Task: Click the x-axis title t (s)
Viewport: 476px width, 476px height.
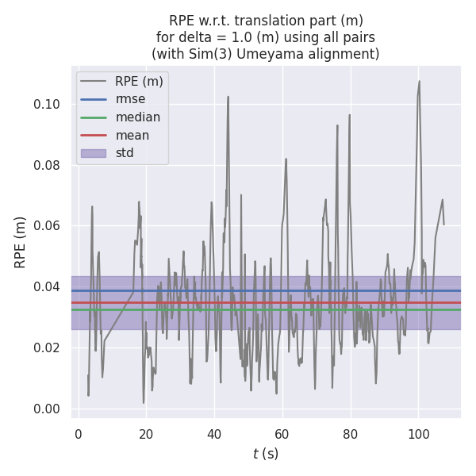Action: [x=266, y=454]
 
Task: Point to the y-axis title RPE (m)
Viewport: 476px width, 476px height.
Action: [x=21, y=241]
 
